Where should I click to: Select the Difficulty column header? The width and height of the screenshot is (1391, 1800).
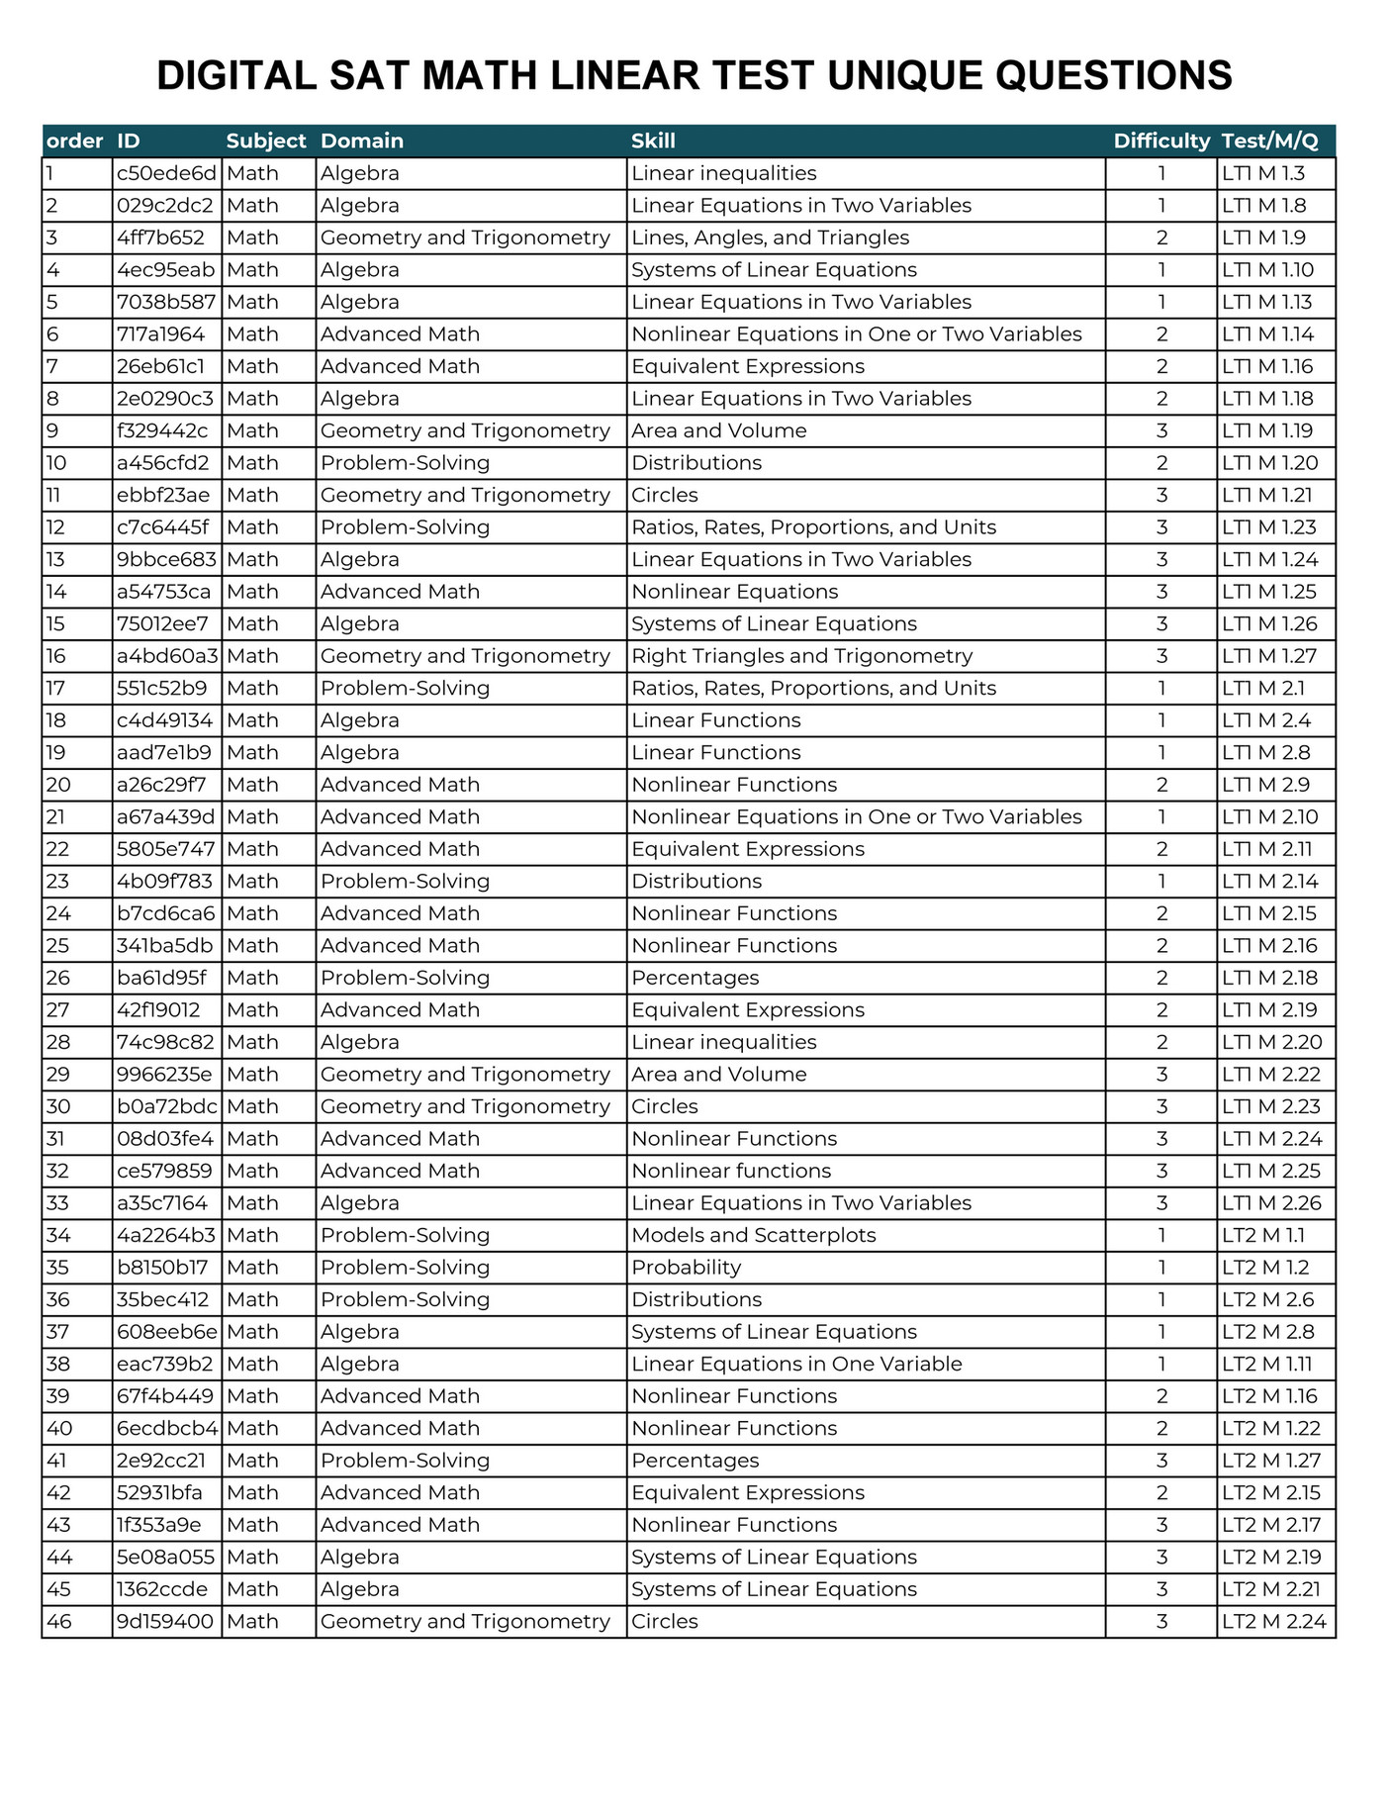(x=1161, y=141)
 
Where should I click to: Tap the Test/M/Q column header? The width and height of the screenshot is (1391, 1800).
(x=1270, y=141)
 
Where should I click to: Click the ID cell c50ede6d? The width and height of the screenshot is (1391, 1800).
(x=166, y=173)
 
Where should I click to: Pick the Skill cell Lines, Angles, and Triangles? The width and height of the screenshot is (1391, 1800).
(x=770, y=237)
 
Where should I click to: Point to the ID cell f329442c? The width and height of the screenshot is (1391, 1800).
(x=162, y=430)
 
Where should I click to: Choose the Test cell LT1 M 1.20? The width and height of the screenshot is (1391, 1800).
(x=1270, y=463)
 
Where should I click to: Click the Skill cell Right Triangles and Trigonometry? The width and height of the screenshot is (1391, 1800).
(x=801, y=656)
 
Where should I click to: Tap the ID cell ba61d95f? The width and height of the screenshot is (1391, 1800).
(x=161, y=978)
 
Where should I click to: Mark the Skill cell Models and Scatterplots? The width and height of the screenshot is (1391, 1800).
(x=753, y=1235)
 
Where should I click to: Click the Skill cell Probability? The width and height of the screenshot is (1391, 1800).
(x=686, y=1267)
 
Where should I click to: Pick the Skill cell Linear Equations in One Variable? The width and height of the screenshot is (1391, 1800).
(x=796, y=1364)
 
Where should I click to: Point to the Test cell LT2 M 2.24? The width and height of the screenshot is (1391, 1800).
(x=1273, y=1621)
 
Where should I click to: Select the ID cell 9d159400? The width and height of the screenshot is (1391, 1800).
(x=164, y=1621)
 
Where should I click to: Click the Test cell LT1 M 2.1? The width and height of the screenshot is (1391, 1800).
(x=1263, y=688)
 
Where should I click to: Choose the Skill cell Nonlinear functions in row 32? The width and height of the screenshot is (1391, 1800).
(x=731, y=1171)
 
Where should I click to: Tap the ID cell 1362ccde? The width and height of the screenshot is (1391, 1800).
(x=162, y=1588)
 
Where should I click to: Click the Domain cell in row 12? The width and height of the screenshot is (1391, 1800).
(x=405, y=527)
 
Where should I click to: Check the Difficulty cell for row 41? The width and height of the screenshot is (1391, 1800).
(x=1161, y=1460)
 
